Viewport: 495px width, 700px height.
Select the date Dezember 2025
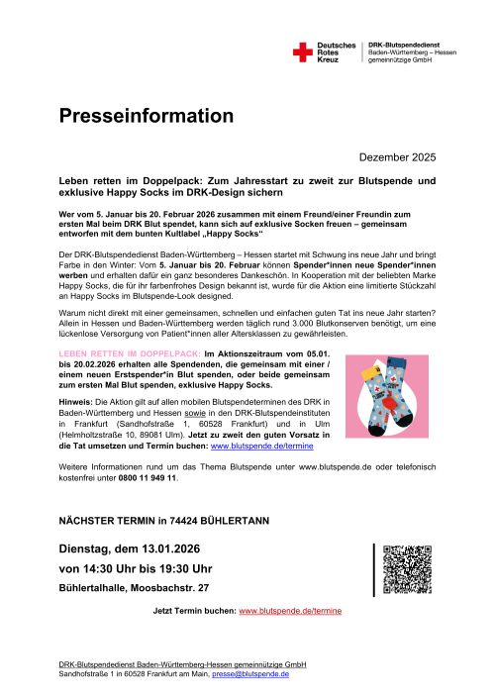click(x=394, y=157)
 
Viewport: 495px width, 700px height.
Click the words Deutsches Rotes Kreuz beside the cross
click(x=337, y=52)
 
